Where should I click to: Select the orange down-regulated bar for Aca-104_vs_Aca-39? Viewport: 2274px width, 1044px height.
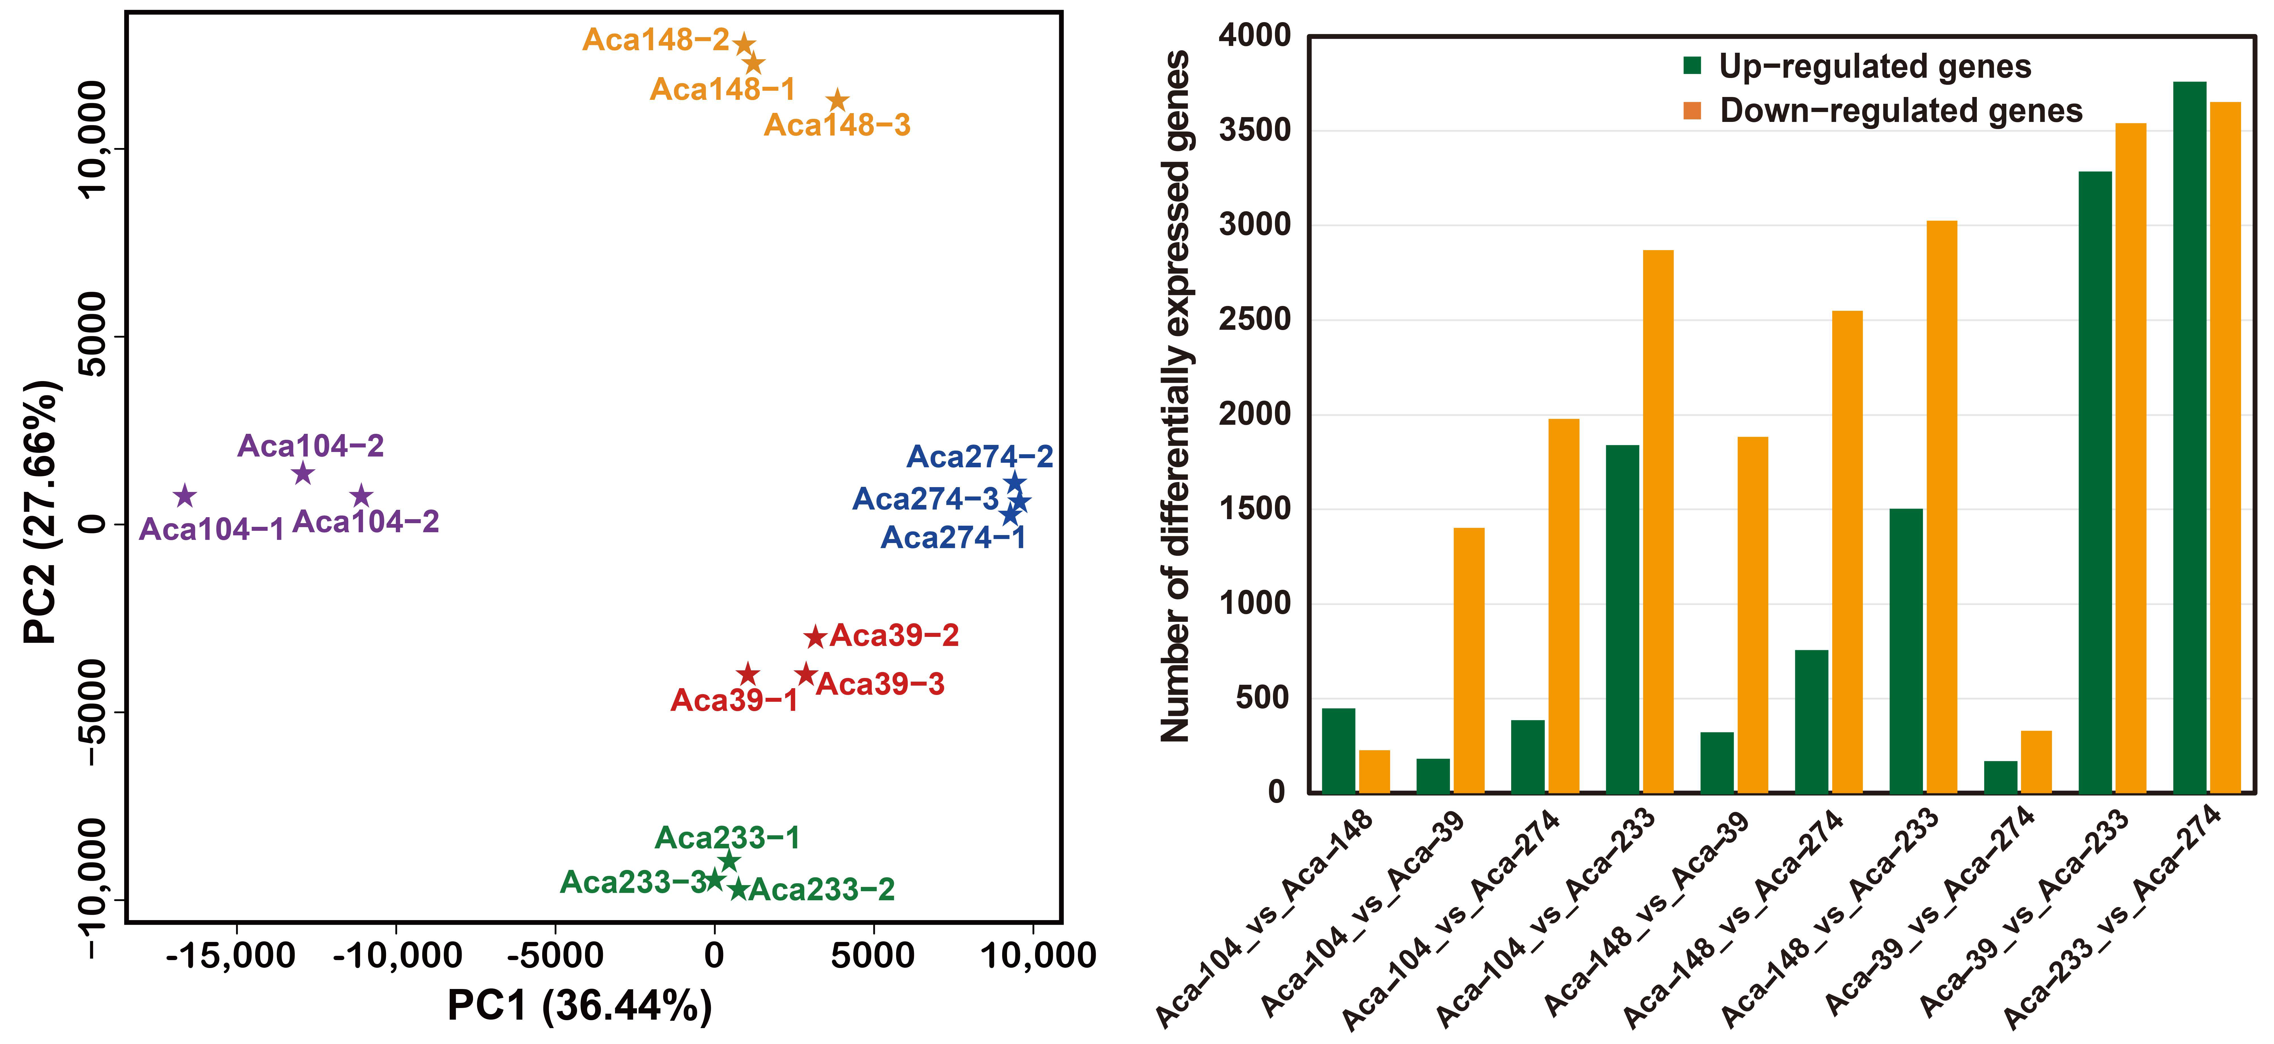[1469, 660]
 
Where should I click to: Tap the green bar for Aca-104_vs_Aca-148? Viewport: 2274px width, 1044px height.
[1338, 750]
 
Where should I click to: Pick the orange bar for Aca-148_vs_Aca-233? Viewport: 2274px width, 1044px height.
[1941, 507]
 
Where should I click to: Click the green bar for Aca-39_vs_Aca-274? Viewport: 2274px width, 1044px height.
[2000, 777]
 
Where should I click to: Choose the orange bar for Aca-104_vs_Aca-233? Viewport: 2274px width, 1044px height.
[1658, 521]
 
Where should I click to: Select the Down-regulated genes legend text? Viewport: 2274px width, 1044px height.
[1901, 111]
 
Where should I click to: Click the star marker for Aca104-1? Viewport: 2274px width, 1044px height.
[185, 496]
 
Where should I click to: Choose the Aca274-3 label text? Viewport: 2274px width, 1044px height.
[925, 500]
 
